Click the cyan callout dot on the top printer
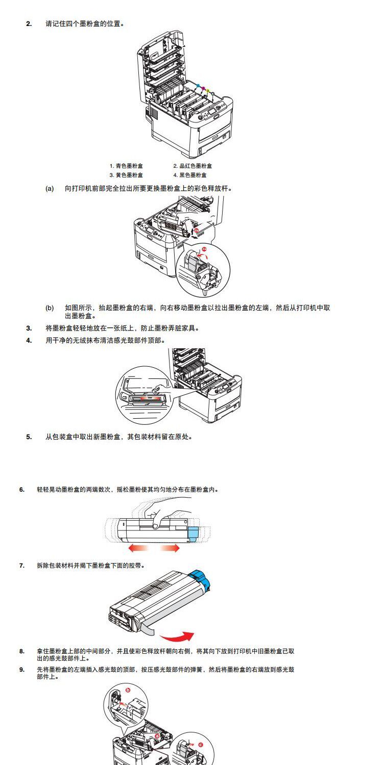[198, 85]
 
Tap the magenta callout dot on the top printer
[203, 88]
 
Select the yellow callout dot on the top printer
[208, 91]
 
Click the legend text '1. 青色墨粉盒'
[127, 166]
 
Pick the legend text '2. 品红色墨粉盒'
[192, 166]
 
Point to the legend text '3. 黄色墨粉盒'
[127, 175]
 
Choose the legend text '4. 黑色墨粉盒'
[189, 175]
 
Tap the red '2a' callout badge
[204, 248]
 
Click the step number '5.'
[29, 437]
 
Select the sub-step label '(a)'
[50, 188]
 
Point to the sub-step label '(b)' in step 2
[50, 308]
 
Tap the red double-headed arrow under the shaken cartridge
[154, 548]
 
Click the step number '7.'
[22, 565]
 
